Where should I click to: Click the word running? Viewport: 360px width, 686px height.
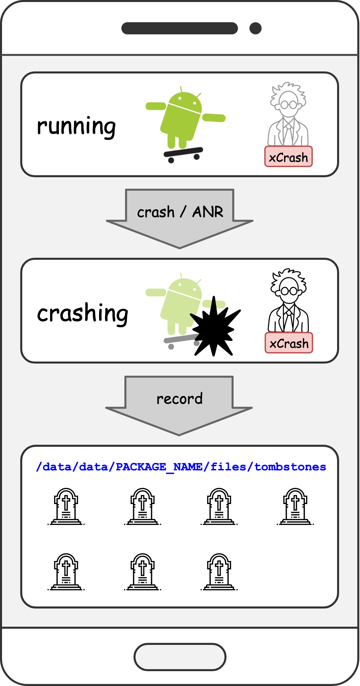[77, 126]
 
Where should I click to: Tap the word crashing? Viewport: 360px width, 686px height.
[83, 313]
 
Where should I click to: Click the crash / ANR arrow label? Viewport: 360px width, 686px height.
[180, 212]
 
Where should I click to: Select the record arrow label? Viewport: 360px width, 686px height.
[179, 399]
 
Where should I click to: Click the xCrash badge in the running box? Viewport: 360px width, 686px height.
[289, 157]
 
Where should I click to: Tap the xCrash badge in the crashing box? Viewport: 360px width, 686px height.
[289, 343]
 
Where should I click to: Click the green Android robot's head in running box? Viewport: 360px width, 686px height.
[184, 101]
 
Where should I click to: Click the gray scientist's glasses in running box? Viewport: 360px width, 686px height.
[289, 105]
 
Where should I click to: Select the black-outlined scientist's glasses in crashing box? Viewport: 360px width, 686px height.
[289, 291]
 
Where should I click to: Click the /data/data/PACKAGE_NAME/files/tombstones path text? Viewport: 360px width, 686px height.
[181, 467]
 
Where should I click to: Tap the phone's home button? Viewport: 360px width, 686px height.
[180, 657]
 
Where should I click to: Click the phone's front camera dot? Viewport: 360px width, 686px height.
[256, 28]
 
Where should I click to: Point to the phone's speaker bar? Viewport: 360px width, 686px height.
[179, 28]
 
